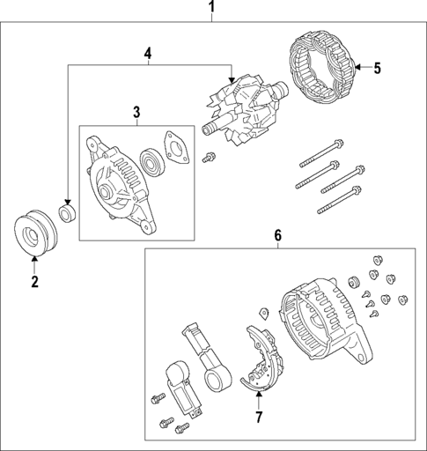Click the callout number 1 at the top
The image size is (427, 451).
(211, 9)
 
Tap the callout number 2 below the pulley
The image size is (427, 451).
(34, 282)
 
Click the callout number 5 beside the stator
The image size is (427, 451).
(377, 69)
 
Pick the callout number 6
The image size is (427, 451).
(277, 235)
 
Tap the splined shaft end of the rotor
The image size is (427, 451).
(211, 130)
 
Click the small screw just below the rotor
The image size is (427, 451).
(209, 158)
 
